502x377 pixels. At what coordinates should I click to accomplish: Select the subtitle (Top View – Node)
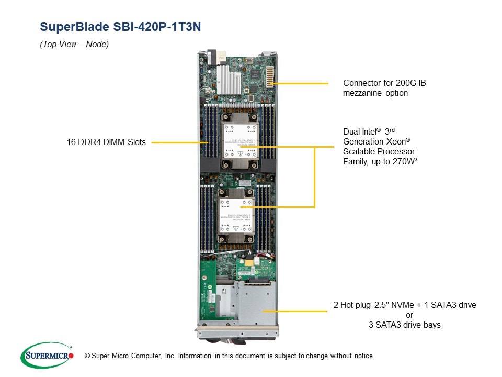(x=74, y=45)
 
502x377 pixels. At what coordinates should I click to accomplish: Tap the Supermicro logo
(x=47, y=355)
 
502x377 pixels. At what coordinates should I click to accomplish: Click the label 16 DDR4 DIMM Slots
(x=106, y=142)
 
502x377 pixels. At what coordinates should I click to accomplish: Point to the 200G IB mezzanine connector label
(x=384, y=88)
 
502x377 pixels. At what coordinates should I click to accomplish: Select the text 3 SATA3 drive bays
(x=405, y=325)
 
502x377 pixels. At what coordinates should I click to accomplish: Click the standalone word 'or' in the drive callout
(x=409, y=315)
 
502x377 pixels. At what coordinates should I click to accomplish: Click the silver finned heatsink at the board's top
(x=229, y=79)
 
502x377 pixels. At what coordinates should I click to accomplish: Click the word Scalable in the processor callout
(x=358, y=151)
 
